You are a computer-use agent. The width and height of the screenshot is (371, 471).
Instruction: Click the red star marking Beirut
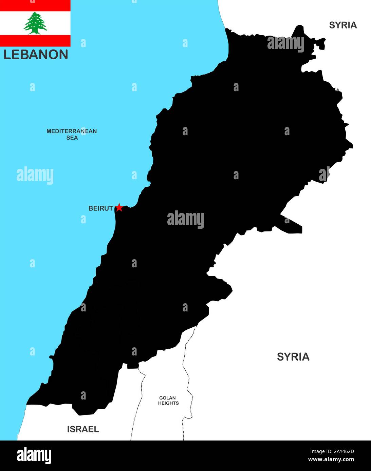pyautogui.click(x=119, y=207)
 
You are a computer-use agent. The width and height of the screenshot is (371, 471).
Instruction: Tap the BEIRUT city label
pyautogui.click(x=100, y=208)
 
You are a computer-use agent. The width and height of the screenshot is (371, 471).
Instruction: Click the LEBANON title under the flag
pyautogui.click(x=36, y=55)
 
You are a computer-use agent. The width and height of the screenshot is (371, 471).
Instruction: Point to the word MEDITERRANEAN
pyautogui.click(x=72, y=131)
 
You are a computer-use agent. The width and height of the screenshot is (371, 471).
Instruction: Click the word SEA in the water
pyautogui.click(x=72, y=138)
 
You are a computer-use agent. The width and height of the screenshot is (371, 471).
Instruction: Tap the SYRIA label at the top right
pyautogui.click(x=343, y=25)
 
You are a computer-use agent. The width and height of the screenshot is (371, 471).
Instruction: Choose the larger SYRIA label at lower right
pyautogui.click(x=293, y=357)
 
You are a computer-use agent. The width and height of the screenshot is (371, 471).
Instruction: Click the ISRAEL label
pyautogui.click(x=83, y=429)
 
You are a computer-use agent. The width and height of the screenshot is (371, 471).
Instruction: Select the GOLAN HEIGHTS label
pyautogui.click(x=168, y=401)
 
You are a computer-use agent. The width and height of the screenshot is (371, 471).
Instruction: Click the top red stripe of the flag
pyautogui.click(x=35, y=5)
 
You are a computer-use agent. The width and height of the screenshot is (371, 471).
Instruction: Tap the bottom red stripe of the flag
pyautogui.click(x=35, y=41)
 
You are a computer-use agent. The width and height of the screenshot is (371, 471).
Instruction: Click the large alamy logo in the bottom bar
pyautogui.click(x=34, y=456)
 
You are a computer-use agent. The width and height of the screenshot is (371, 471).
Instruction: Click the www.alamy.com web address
pyautogui.click(x=331, y=460)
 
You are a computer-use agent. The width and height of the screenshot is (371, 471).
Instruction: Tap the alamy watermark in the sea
pyautogui.click(x=35, y=175)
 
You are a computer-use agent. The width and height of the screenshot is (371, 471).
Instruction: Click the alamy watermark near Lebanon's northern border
pyautogui.click(x=285, y=43)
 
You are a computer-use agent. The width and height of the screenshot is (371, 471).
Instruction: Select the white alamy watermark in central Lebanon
pyautogui.click(x=185, y=219)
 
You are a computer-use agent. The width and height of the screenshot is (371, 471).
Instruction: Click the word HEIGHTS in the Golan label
pyautogui.click(x=168, y=403)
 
